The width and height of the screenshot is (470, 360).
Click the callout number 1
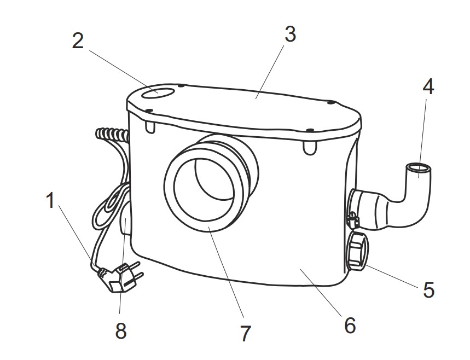50,201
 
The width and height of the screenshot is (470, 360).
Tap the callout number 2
79,42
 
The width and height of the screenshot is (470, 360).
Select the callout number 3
290,34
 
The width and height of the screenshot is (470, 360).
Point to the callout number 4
428,86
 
